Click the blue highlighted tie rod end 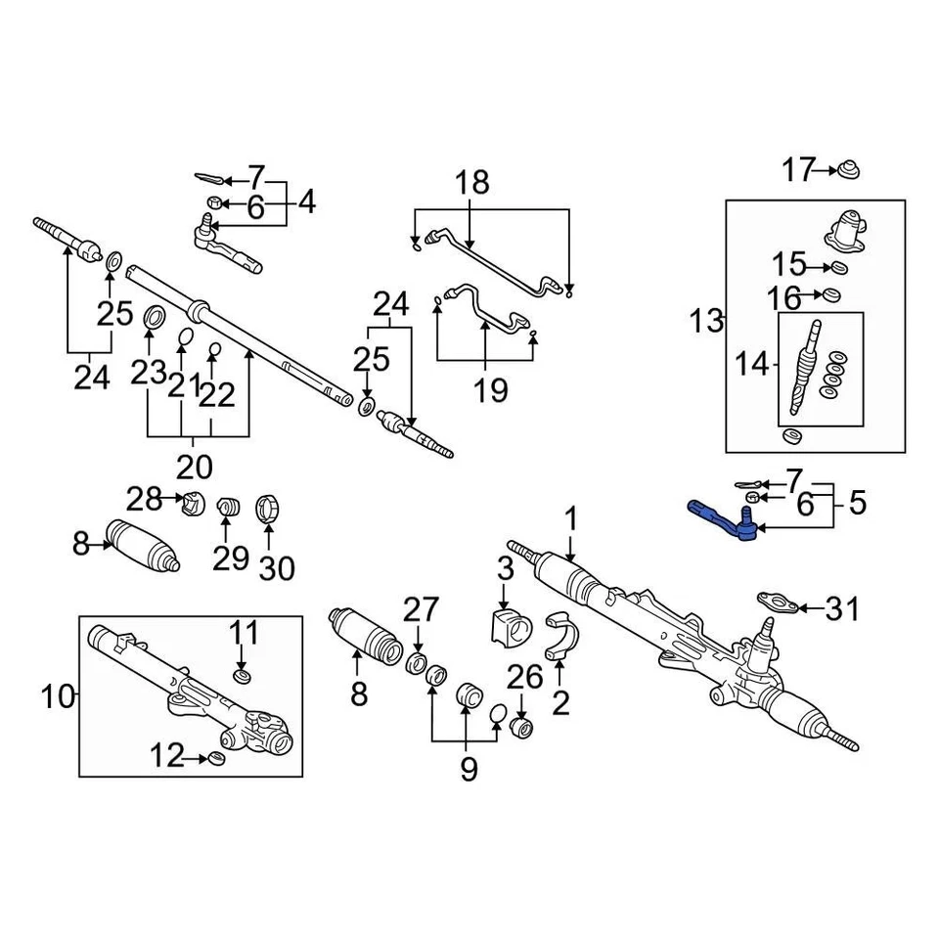coord(722,518)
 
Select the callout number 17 coord(798,171)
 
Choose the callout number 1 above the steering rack coord(570,518)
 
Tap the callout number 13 coord(706,320)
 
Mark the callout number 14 coord(752,365)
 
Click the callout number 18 coord(471,183)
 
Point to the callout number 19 coord(491,391)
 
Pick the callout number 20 coord(196,465)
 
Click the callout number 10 coord(59,697)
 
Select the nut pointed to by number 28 coord(193,505)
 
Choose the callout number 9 coord(469,770)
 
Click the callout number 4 coord(307,203)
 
